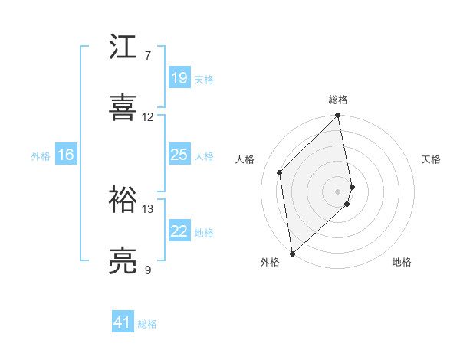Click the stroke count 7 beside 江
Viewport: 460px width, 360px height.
148,56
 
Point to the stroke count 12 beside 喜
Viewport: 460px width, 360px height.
148,117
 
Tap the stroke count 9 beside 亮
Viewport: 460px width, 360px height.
148,270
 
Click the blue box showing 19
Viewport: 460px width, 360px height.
179,78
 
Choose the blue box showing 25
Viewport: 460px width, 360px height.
179,155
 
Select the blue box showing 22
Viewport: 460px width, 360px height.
179,231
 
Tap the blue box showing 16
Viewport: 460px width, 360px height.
66,155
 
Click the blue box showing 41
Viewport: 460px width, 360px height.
123,323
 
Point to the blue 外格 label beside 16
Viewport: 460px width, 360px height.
41,156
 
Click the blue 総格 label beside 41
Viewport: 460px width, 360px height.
147,325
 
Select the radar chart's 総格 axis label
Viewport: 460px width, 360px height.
338,100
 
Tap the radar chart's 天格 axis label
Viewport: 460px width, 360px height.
431,159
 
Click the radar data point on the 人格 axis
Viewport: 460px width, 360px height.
280,172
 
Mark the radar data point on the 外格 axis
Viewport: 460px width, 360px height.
292,252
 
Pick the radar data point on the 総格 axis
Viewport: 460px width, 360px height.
338,116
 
